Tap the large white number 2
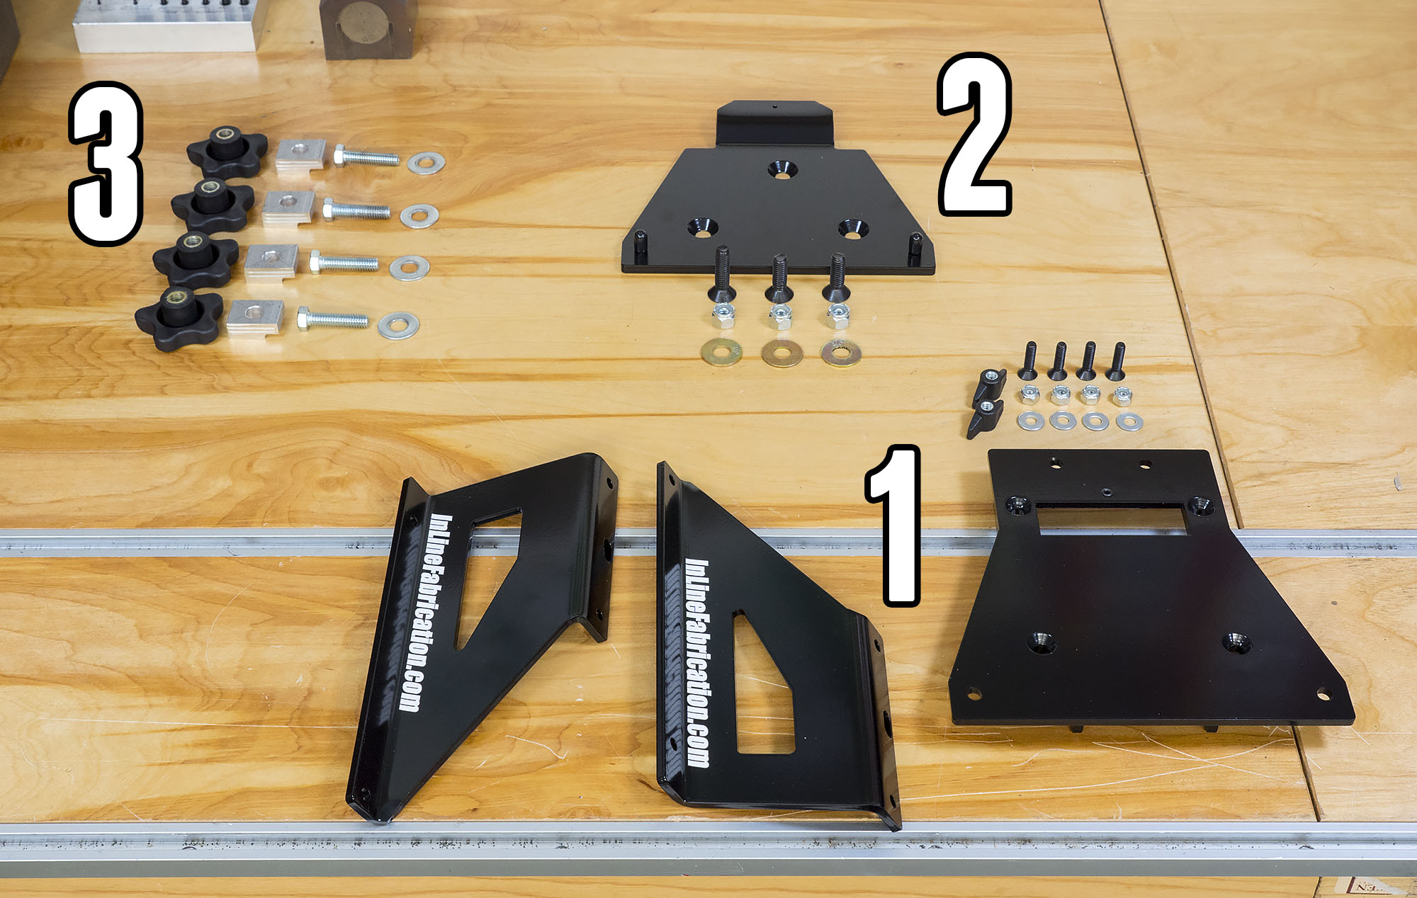coord(974,135)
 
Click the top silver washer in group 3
coord(426,163)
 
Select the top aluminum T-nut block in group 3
coord(300,154)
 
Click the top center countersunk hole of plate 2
coord(782,169)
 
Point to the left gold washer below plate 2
coord(721,351)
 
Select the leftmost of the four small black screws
coord(1029,360)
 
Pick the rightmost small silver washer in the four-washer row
coord(1129,422)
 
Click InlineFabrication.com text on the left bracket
coord(425,613)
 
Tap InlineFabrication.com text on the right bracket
coord(697,662)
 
